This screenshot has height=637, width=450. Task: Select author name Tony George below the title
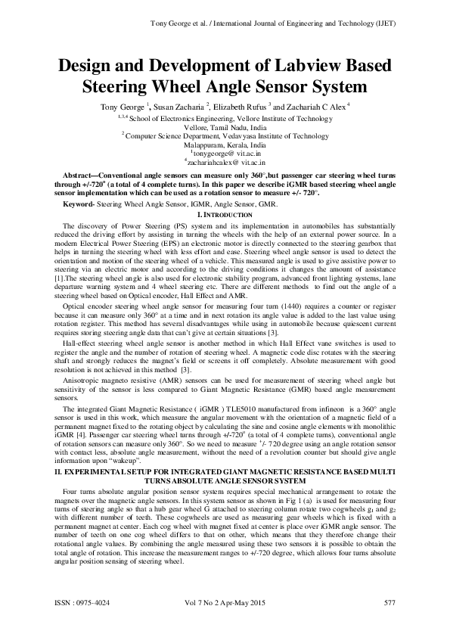pos(123,107)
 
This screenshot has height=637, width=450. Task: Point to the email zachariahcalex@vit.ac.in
pos(226,161)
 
